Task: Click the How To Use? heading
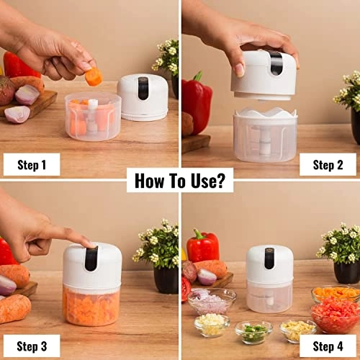[x=180, y=179]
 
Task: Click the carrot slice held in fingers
[x=94, y=76]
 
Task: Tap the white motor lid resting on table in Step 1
[x=142, y=96]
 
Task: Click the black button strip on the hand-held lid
[x=276, y=63]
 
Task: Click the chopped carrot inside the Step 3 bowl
[x=91, y=305]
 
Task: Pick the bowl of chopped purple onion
[x=212, y=299]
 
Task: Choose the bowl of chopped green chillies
[x=253, y=331]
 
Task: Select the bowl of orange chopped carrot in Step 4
[x=335, y=293]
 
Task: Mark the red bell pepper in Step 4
[x=203, y=247]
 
